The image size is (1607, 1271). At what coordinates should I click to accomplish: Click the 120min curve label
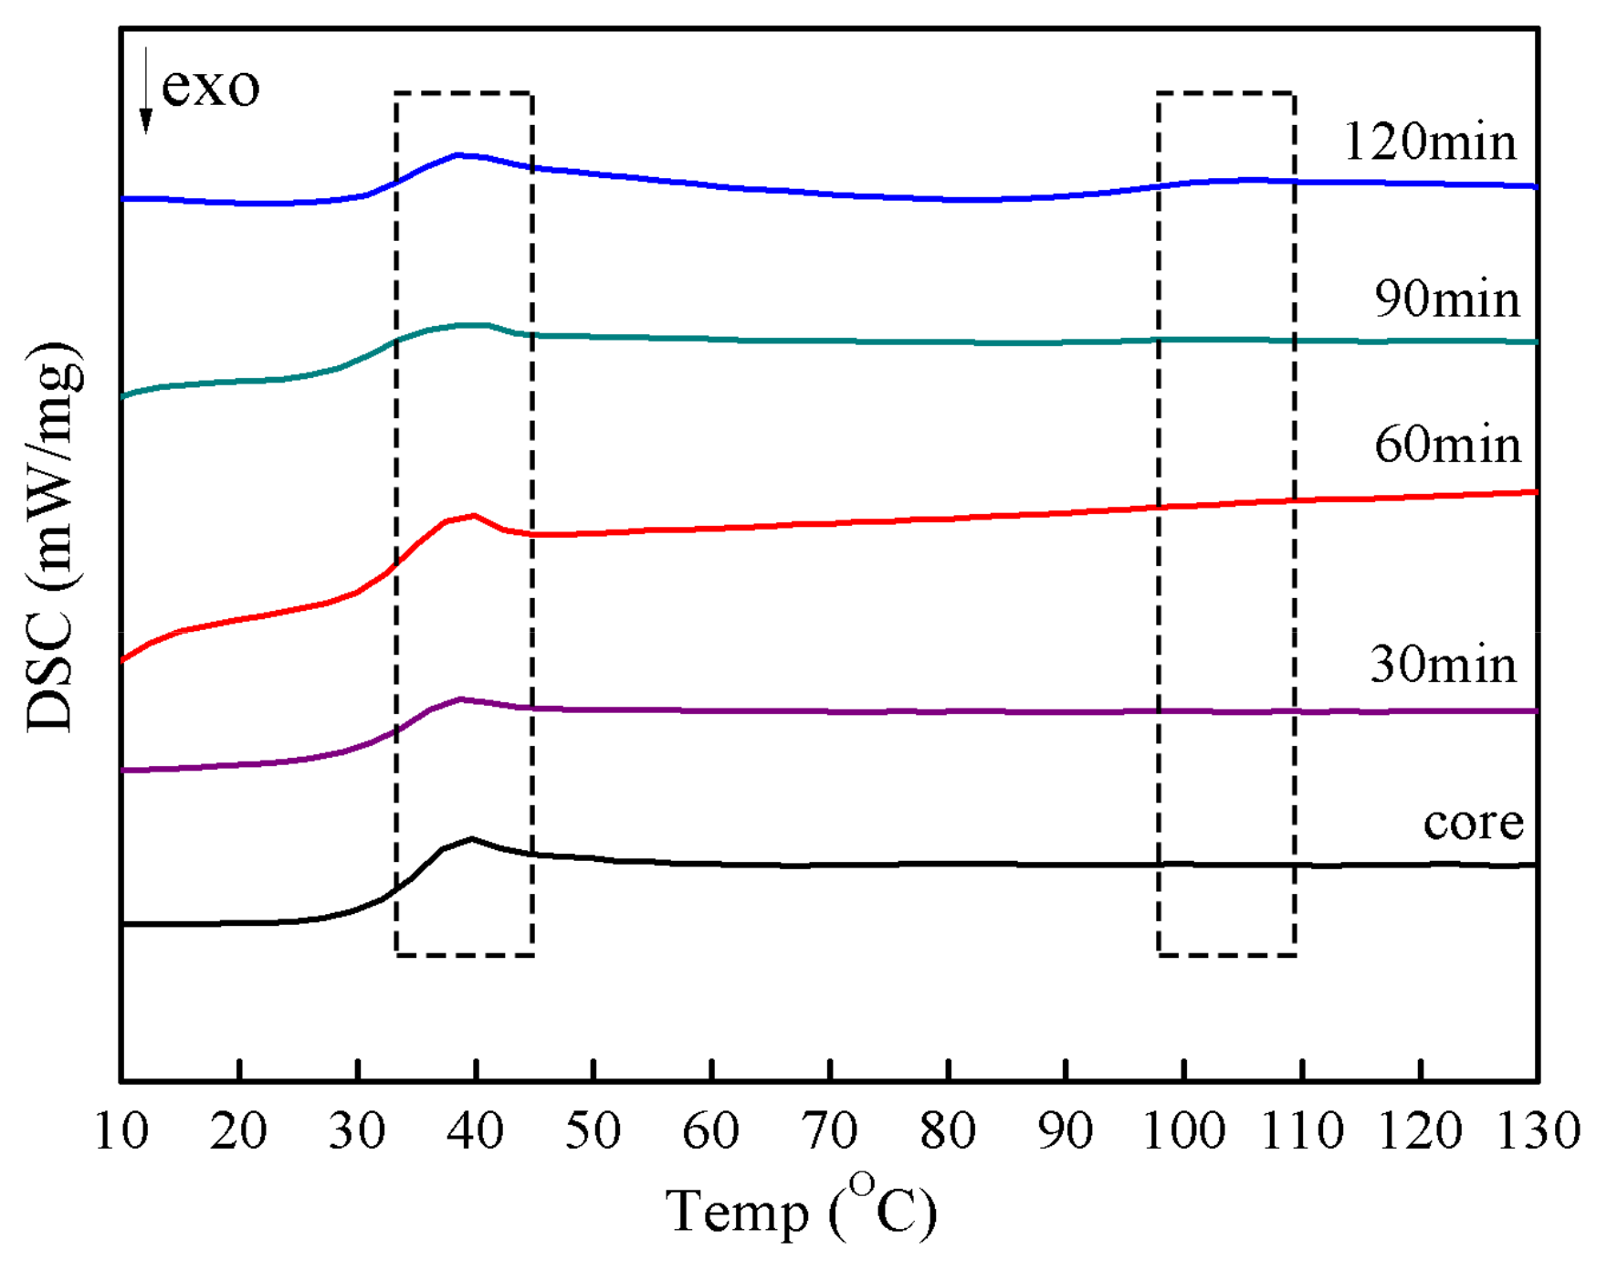pos(1430,142)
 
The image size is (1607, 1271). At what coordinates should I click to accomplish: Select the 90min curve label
pos(1446,299)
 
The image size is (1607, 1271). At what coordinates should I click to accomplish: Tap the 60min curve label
pos(1446,446)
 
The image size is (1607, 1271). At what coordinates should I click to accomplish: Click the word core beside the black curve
pos(1473,823)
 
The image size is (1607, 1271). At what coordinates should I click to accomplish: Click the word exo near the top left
pos(210,87)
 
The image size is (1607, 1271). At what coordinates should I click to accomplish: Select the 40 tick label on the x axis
pos(475,1131)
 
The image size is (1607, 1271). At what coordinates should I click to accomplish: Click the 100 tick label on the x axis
pos(1183,1131)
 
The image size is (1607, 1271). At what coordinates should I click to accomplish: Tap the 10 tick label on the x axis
pos(121,1131)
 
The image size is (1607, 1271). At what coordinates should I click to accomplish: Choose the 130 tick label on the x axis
pos(1539,1131)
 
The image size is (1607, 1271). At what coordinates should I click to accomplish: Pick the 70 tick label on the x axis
pos(829,1131)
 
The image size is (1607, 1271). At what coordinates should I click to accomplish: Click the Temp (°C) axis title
pos(802,1211)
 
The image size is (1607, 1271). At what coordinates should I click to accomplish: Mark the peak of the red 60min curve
pos(474,516)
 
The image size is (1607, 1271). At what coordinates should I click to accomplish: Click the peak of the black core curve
pos(471,838)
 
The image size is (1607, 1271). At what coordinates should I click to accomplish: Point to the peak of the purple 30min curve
pos(460,699)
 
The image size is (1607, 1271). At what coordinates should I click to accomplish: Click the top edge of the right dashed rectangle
pos(1226,93)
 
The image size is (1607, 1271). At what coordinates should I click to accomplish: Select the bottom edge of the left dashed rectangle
pos(464,955)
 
